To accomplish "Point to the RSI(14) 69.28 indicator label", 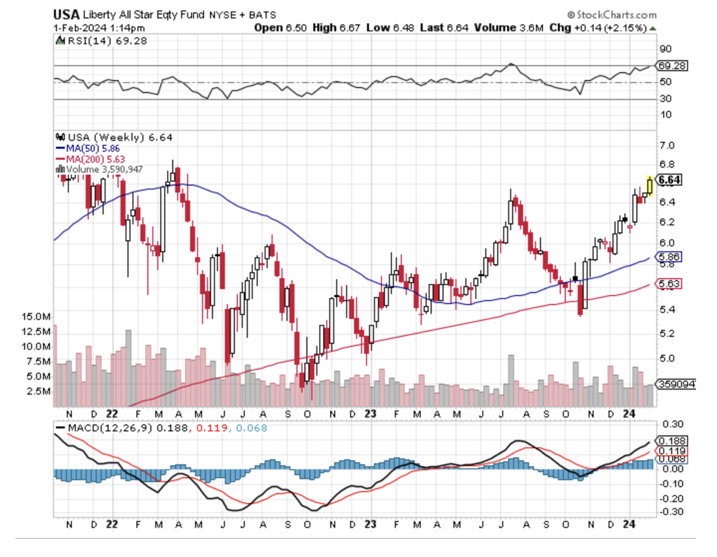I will pos(93,41).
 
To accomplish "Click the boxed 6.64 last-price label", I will pos(669,179).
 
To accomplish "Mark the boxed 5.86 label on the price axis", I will pos(669,257).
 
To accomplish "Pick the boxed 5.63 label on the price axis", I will pos(669,284).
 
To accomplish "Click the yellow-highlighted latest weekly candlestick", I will pos(650,185).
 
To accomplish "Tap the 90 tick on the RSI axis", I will pos(665,49).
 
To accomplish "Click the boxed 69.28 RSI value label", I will pos(672,66).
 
